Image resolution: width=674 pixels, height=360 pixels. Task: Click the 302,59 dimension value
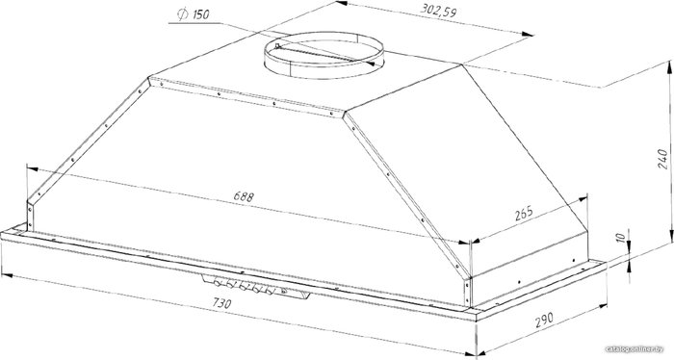[438, 11]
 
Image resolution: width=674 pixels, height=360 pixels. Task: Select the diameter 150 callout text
[194, 14]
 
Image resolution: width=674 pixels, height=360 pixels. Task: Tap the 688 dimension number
[244, 196]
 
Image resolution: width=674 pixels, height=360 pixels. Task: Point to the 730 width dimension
[221, 303]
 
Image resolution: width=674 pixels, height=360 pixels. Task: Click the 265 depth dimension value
[524, 213]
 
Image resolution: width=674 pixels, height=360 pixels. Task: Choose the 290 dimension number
[544, 320]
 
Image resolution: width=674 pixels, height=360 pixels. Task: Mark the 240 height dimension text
[662, 159]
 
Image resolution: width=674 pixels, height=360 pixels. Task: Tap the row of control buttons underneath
[244, 285]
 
